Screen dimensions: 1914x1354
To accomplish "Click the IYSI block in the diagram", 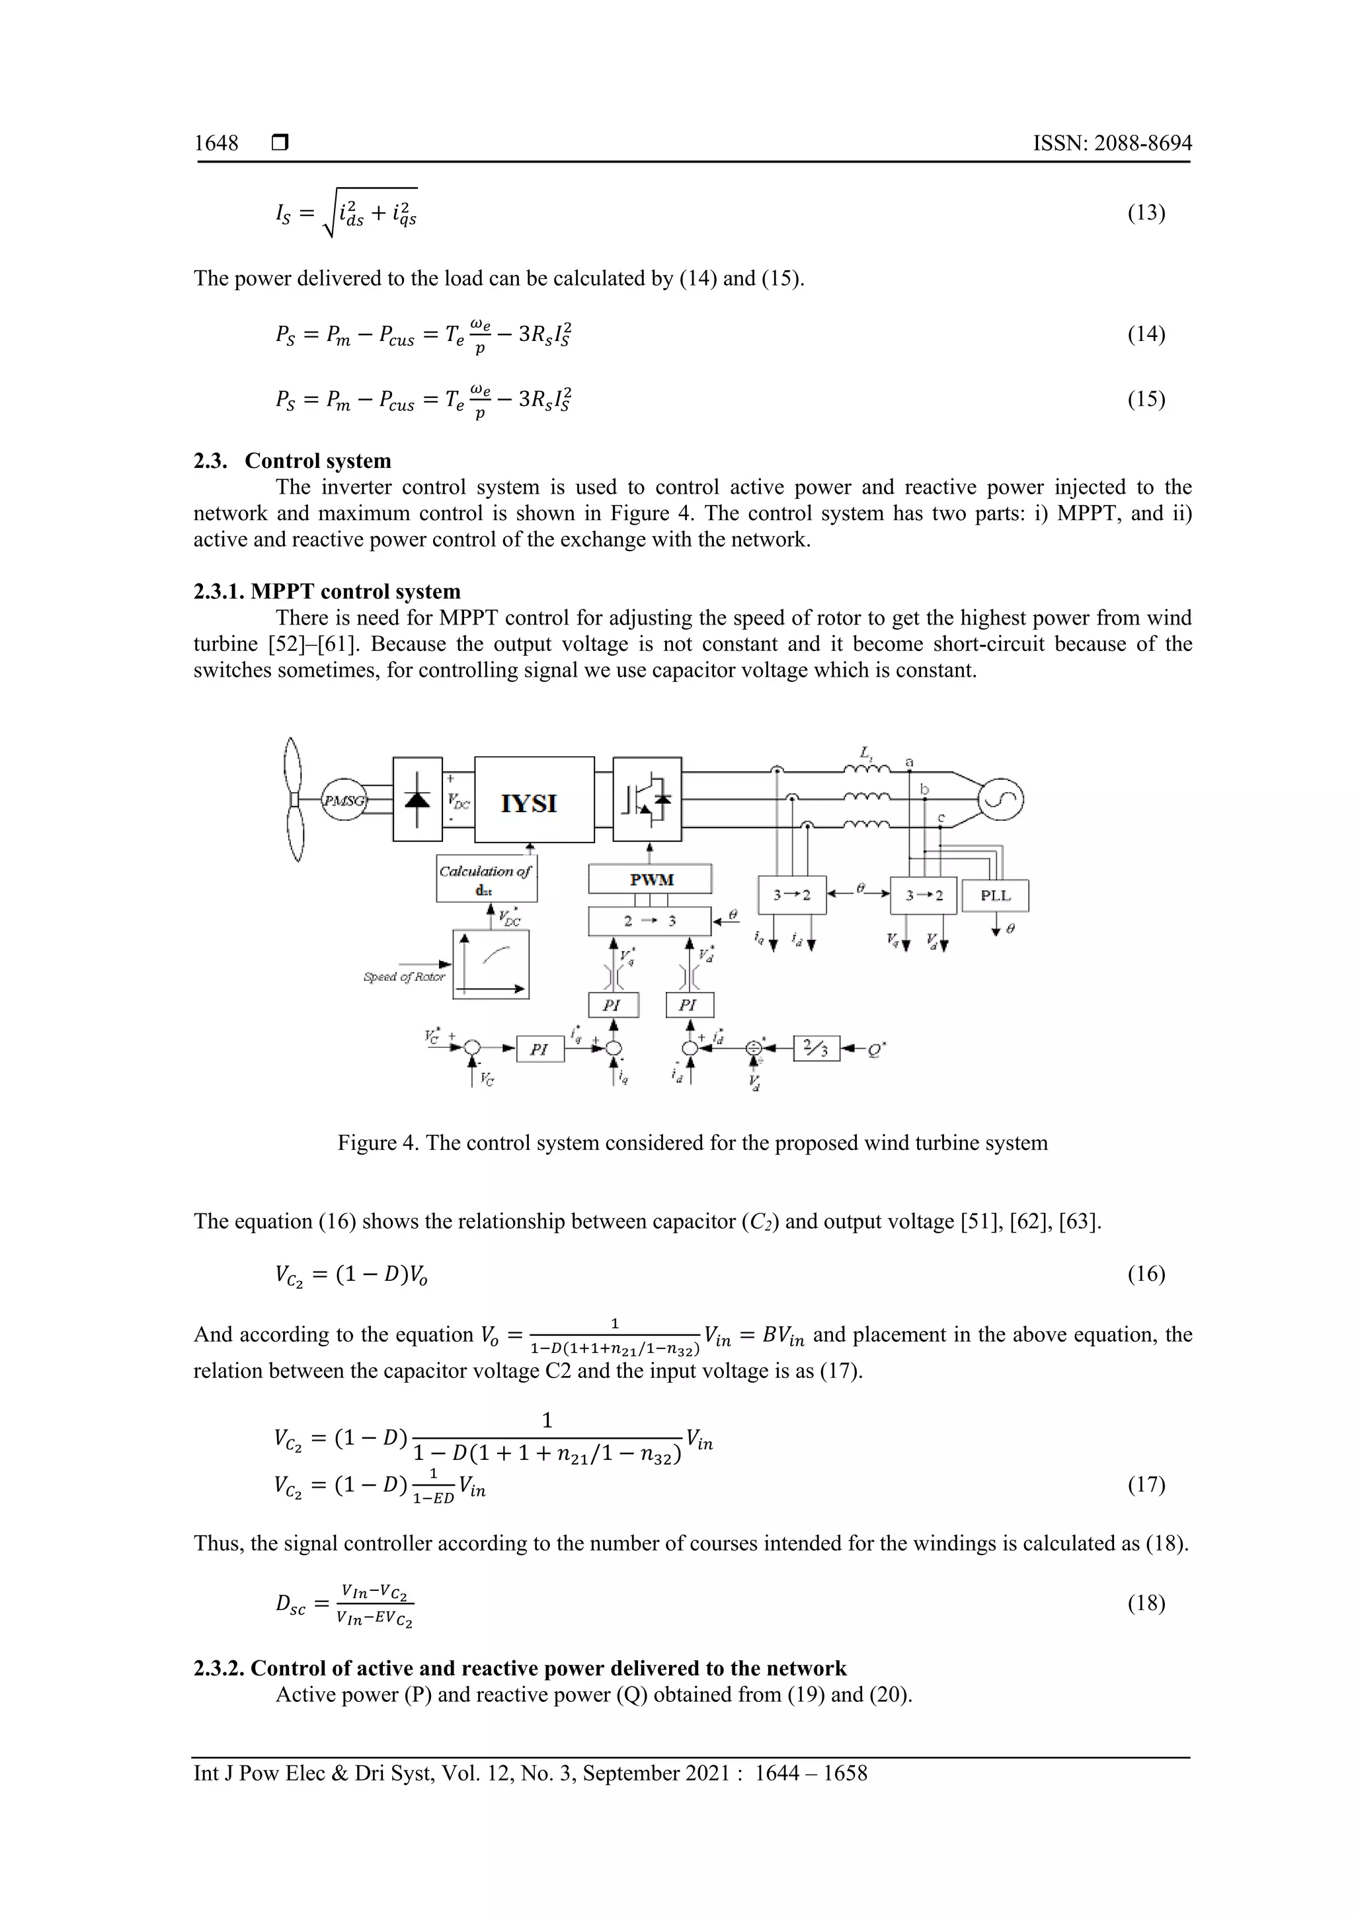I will coord(534,800).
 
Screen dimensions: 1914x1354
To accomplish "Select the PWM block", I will coord(651,878).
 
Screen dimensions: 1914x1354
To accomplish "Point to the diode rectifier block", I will coord(417,798).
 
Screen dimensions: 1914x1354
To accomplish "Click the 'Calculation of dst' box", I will coord(486,878).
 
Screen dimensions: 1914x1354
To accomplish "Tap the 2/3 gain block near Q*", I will coord(816,1048).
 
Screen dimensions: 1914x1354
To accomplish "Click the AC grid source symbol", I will coord(1000,800).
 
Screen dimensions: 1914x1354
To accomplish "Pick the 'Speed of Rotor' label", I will coord(405,976).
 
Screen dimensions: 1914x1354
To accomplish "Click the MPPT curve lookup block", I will coord(491,964).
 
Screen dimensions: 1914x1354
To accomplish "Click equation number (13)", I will coord(1146,213).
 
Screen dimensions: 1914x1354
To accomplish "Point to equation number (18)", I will coord(1146,1603).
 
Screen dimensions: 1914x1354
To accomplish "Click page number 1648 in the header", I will coord(216,143).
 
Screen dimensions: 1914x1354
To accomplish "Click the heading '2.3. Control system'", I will coord(293,461).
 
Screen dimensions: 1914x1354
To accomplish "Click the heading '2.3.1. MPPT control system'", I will coord(328,592).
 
